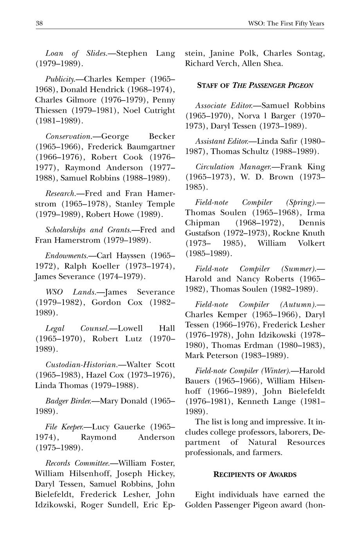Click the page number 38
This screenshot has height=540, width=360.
pyautogui.click(x=39, y=23)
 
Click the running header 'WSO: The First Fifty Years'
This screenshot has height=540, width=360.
pyautogui.click(x=286, y=23)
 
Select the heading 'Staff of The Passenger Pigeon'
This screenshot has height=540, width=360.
pyautogui.click(x=255, y=85)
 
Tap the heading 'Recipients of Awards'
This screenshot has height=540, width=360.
pyautogui.click(x=255, y=474)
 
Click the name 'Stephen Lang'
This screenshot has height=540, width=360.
pyautogui.click(x=146, y=53)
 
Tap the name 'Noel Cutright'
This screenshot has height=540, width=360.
pyautogui.click(x=149, y=110)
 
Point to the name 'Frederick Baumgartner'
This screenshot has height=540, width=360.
pyautogui.click(x=131, y=147)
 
